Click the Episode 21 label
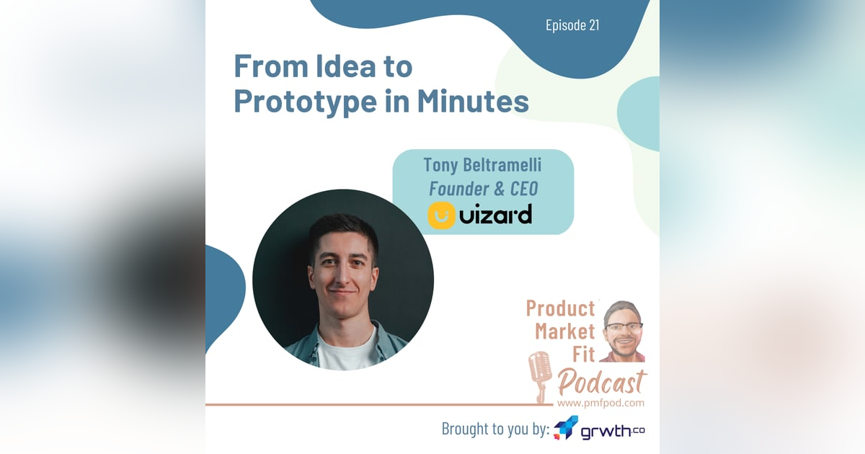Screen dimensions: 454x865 tap(572, 26)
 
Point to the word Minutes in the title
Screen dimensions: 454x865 tap(473, 102)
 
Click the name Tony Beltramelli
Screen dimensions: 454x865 tap(482, 165)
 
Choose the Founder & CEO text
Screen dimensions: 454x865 tap(482, 189)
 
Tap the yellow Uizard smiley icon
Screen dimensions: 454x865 tap(441, 215)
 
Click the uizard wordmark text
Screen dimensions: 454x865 tap(496, 215)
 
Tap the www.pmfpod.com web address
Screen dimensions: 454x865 tap(601, 403)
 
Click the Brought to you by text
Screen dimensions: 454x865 tap(495, 429)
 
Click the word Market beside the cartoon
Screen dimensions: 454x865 tap(565, 332)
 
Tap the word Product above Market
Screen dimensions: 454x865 tap(560, 308)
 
